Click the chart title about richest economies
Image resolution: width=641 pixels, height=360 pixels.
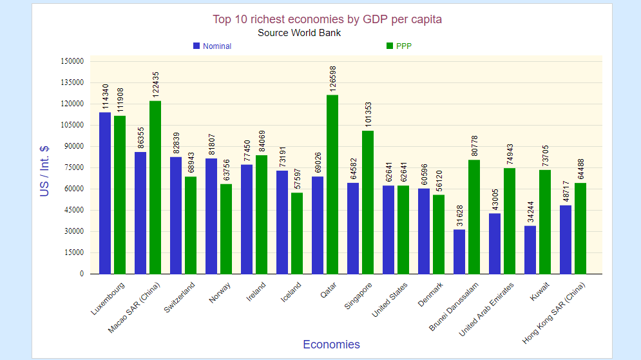pyautogui.click(x=327, y=19)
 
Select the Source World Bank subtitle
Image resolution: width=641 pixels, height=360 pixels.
pyautogui.click(x=299, y=33)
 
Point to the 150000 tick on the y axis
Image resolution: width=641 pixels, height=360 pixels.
pyautogui.click(x=72, y=61)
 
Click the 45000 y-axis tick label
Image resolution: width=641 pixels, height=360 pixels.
pyautogui.click(x=74, y=210)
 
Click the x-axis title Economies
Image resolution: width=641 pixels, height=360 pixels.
pyautogui.click(x=331, y=345)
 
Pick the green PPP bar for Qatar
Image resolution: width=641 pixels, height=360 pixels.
pyautogui.click(x=332, y=184)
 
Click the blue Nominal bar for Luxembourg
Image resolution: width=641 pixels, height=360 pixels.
pyautogui.click(x=105, y=193)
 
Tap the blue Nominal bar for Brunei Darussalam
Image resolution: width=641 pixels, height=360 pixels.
pyautogui.click(x=459, y=251)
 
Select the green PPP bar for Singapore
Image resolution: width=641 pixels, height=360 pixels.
pyautogui.click(x=367, y=202)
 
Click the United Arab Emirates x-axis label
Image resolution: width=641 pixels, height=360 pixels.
pyautogui.click(x=486, y=310)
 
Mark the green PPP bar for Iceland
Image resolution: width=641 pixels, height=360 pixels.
pyautogui.click(x=296, y=233)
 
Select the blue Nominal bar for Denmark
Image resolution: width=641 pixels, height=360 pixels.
pyautogui.click(x=424, y=231)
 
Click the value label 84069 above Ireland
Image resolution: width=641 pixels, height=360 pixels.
pyautogui.click(x=262, y=138)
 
